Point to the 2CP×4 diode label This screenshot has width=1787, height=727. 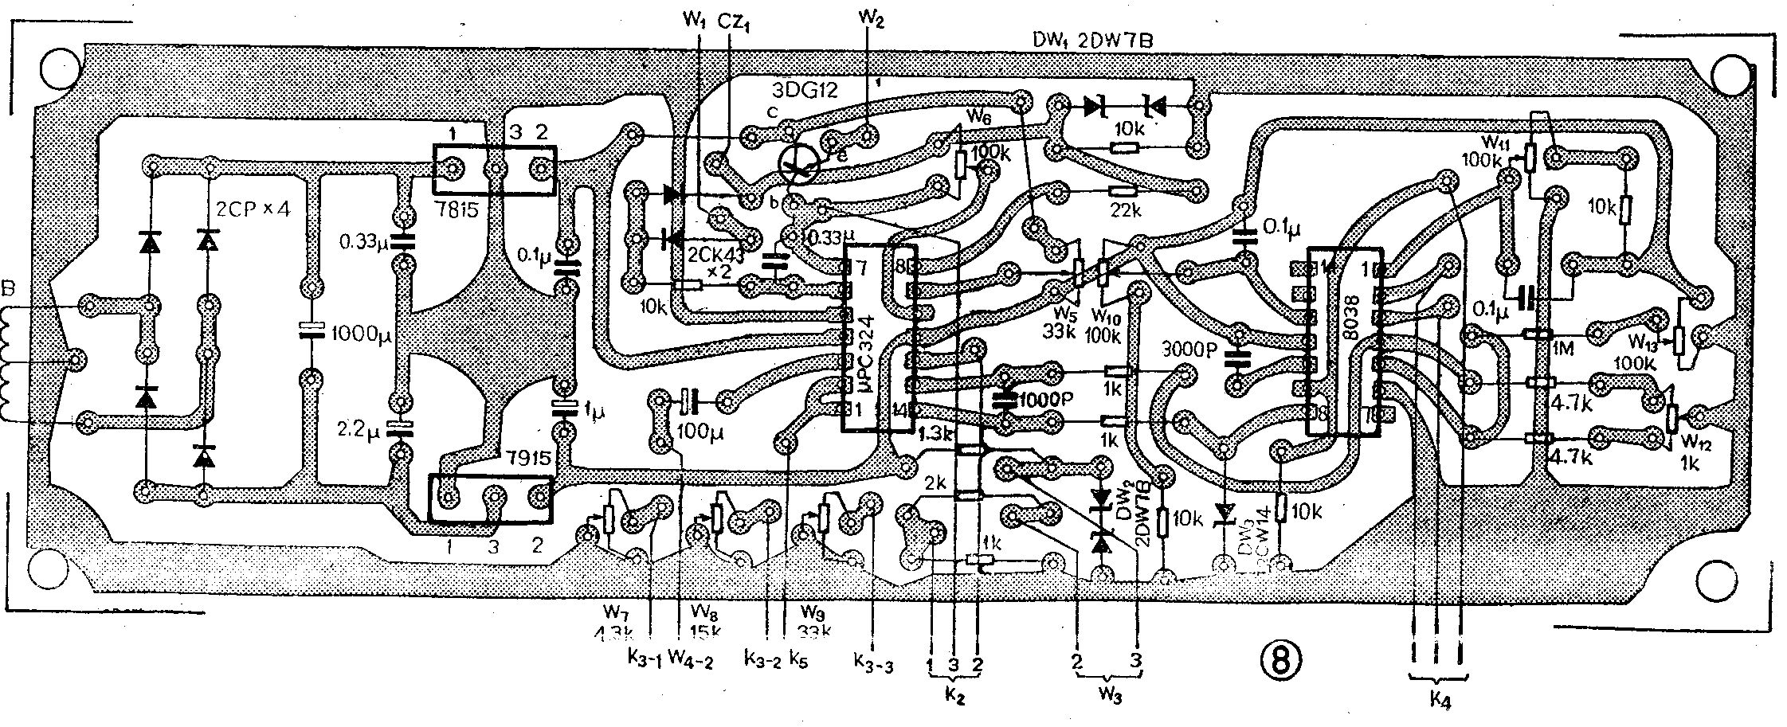click(254, 211)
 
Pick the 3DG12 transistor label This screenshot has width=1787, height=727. click(805, 89)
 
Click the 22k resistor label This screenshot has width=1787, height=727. click(1123, 211)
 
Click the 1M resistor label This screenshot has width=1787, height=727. click(1562, 348)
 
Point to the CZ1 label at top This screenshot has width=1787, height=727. click(735, 23)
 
